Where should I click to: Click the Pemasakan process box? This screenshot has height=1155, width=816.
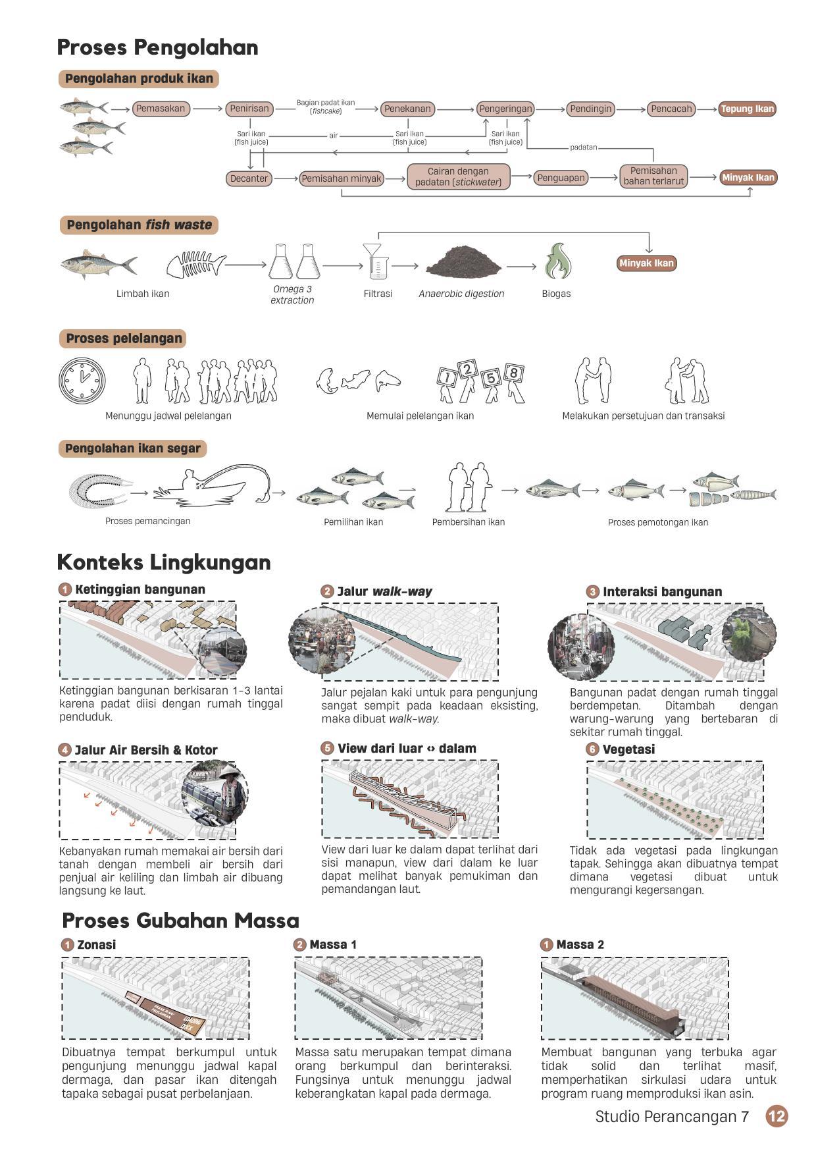pyautogui.click(x=161, y=109)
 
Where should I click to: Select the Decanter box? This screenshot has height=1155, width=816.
pyautogui.click(x=249, y=178)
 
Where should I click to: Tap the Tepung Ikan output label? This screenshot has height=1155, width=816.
pyautogui.click(x=747, y=109)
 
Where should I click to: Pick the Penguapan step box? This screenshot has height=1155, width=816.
pyautogui.click(x=561, y=178)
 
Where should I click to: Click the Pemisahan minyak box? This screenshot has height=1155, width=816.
pyautogui.click(x=342, y=178)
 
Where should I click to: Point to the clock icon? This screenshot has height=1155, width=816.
pyautogui.click(x=82, y=381)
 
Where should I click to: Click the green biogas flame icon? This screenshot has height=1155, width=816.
pyautogui.click(x=557, y=261)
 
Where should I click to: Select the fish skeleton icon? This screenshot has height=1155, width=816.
pyautogui.click(x=195, y=264)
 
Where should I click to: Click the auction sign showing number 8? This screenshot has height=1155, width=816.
pyautogui.click(x=514, y=374)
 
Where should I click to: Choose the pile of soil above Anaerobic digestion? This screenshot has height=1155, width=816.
pyautogui.click(x=463, y=261)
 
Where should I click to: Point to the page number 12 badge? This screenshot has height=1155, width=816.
pyautogui.click(x=777, y=1116)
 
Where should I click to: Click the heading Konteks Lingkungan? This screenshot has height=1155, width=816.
pyautogui.click(x=164, y=562)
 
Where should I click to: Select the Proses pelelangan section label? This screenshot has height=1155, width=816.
pyautogui.click(x=124, y=338)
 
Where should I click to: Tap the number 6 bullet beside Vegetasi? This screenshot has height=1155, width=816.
pyautogui.click(x=592, y=749)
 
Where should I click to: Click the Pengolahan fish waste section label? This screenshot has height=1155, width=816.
pyautogui.click(x=139, y=225)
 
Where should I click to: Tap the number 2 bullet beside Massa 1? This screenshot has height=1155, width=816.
pyautogui.click(x=300, y=945)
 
